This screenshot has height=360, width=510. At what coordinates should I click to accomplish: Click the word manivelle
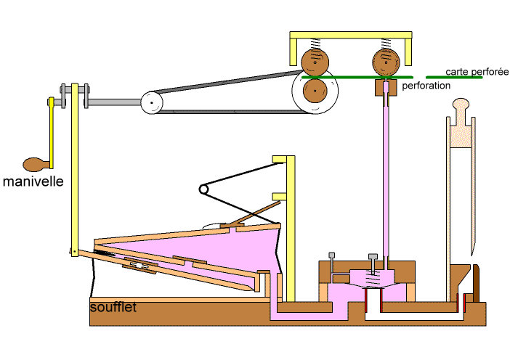[x=33, y=181]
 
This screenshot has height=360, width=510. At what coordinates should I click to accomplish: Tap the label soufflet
[x=113, y=307]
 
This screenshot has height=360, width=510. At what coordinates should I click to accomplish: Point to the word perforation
[x=426, y=86]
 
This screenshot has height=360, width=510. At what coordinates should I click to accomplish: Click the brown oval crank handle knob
[x=33, y=164]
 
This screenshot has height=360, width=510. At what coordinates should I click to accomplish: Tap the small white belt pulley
[x=151, y=102]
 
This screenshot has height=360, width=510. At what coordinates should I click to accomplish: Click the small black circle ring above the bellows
[x=204, y=189]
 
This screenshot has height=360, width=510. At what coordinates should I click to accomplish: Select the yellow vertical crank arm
[x=52, y=131]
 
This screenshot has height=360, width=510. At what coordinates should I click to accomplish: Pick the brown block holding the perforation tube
[x=384, y=89]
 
